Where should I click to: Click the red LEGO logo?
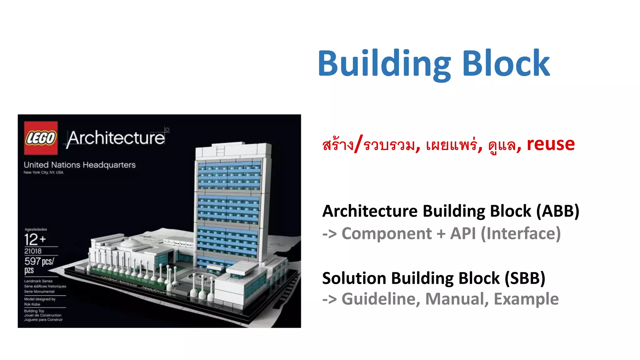tap(41, 138)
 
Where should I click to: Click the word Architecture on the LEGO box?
tap(116, 138)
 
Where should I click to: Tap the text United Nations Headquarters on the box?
tap(80, 165)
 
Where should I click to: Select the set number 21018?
tap(33, 251)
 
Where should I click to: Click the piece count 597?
tap(32, 261)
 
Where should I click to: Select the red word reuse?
tap(551, 144)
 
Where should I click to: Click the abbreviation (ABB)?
tap(558, 211)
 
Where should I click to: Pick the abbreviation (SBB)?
tap(525, 278)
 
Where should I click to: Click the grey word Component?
tap(387, 234)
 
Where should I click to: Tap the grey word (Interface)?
tap(521, 234)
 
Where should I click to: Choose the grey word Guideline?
tap(381, 299)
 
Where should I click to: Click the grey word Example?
tap(526, 299)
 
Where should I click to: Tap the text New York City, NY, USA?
tap(43, 172)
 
